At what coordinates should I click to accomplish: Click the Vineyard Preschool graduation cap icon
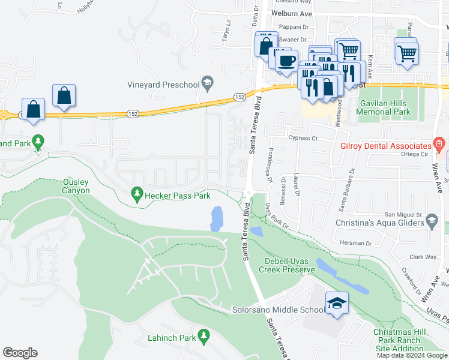(x=208, y=84)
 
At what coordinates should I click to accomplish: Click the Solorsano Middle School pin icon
(x=337, y=303)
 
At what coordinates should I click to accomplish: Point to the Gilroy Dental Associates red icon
(x=439, y=145)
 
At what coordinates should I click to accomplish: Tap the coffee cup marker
(x=286, y=61)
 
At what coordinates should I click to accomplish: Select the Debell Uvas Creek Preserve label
(x=290, y=265)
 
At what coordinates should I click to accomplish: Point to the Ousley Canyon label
(x=76, y=186)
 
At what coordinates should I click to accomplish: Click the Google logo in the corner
(x=20, y=352)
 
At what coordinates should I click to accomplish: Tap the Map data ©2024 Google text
(x=412, y=355)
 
